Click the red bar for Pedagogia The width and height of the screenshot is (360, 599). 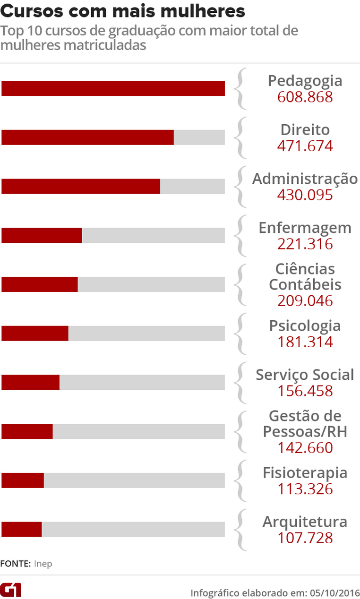tap(113, 88)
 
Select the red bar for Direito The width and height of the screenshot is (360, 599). tap(87, 137)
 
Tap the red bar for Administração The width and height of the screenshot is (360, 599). tap(81, 186)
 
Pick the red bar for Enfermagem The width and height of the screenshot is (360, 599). tap(42, 235)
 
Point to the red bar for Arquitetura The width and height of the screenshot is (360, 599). tap(22, 530)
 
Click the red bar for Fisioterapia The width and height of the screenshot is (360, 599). tap(23, 480)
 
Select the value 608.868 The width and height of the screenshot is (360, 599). tap(305, 97)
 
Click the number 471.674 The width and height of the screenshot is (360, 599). tap(305, 146)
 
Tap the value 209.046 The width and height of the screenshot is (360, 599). tap(305, 300)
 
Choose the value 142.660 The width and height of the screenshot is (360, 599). tap(305, 447)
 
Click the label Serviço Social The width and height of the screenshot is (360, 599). tap(305, 375)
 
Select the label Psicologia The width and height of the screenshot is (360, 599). tap(305, 325)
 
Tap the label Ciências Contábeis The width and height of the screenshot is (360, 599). tap(305, 277)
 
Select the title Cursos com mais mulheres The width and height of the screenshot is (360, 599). tap(123, 11)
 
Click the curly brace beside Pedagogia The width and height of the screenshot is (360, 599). tap(241, 88)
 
